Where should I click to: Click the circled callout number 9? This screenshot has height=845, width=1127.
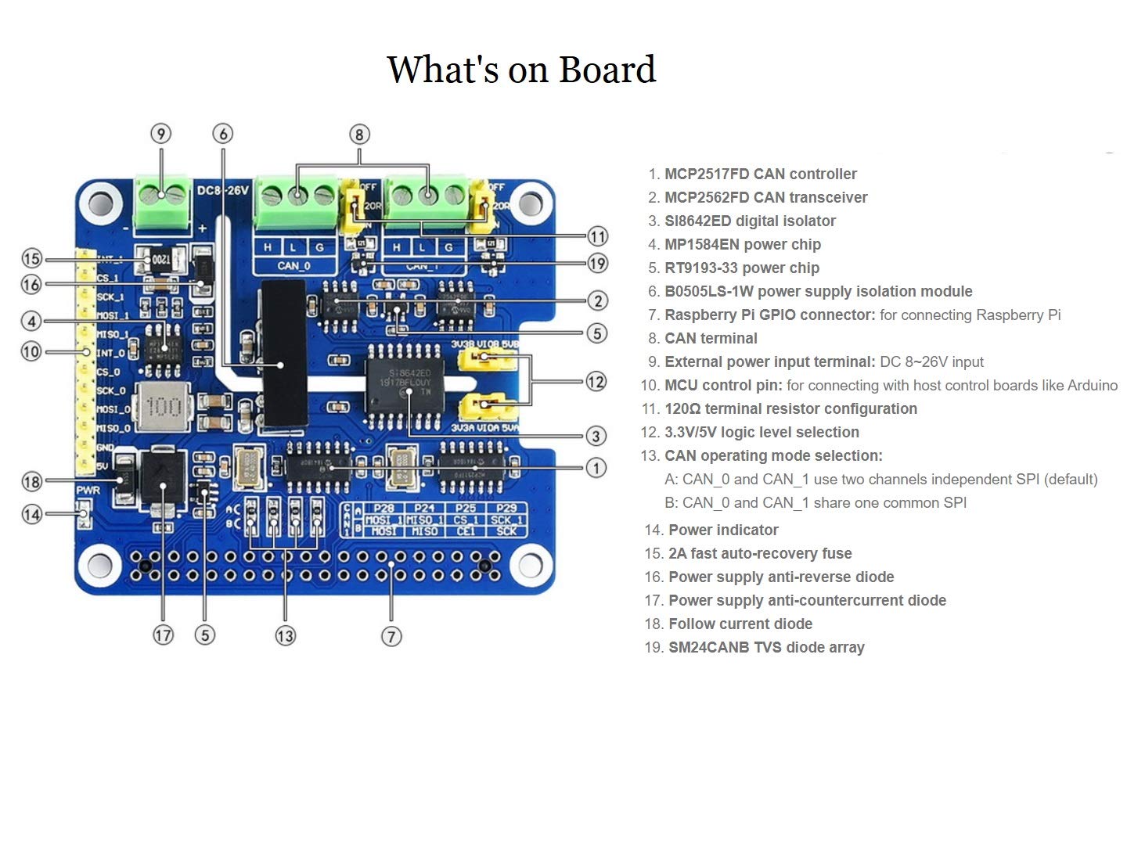pos(160,134)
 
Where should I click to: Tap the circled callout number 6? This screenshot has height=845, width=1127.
pos(223,134)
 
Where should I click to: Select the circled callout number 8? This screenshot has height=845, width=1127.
pos(359,135)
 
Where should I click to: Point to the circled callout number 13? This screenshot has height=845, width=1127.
pos(285,635)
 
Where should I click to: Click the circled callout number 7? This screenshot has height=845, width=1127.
pos(391,636)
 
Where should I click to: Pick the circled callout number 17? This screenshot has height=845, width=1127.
pos(163,635)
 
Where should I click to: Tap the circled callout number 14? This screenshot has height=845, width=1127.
pos(31,514)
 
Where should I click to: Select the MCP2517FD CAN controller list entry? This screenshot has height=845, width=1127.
pos(760,174)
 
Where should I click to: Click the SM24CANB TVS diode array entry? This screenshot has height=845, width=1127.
pos(765,647)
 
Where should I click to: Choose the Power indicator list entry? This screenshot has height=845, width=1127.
pos(723,530)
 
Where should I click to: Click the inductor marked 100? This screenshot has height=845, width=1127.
pos(164,407)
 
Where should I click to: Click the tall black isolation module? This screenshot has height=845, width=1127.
pos(283,354)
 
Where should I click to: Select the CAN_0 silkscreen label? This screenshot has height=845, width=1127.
pos(293,266)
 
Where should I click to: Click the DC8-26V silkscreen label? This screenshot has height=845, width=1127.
pos(222,190)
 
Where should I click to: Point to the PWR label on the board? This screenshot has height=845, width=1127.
pos(88,490)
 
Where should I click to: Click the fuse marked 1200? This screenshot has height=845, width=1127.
pos(160,259)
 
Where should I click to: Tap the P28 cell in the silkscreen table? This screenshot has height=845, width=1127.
pos(383,508)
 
